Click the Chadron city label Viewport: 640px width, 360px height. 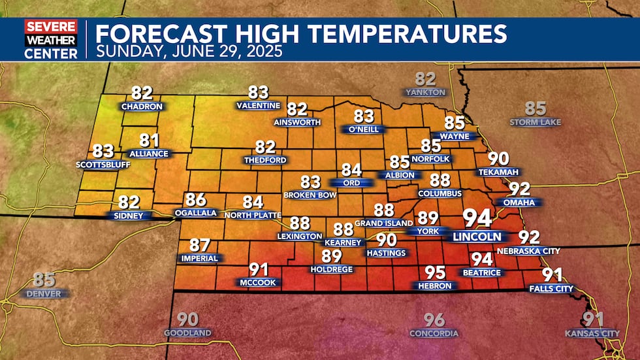point(142,105)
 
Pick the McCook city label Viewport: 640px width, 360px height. point(258,282)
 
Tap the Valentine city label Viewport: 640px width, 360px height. point(258,105)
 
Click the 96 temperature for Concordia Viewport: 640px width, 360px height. point(434,320)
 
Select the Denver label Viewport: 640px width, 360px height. point(44,293)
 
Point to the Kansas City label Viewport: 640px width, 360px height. point(592,333)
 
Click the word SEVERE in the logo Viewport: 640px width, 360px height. point(51,26)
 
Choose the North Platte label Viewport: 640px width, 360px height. point(252,215)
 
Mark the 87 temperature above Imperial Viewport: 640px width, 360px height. point(200,246)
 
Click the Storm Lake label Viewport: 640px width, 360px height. point(536,122)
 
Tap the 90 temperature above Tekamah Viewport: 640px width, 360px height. point(498,159)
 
